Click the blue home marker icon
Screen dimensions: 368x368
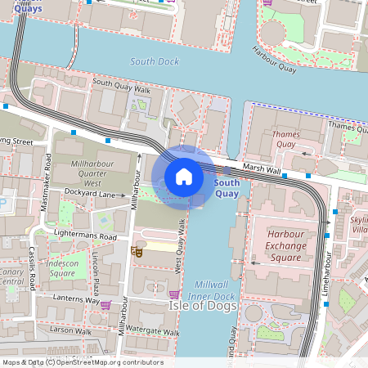[x=184, y=177]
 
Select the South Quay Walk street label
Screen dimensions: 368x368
[x=122, y=83]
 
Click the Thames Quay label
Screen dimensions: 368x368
[x=285, y=139]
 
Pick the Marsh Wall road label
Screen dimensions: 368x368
[x=261, y=170]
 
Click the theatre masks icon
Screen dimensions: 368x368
[x=137, y=252]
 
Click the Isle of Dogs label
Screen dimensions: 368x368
[x=203, y=306]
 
